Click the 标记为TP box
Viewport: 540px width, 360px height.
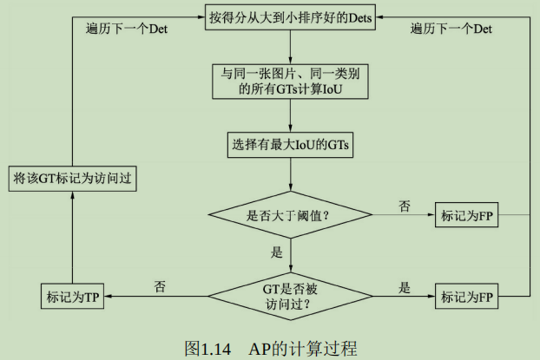pyautogui.click(x=72, y=297)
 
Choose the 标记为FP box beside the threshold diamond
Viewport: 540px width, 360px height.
pyautogui.click(x=469, y=214)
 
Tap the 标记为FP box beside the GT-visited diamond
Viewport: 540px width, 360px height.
pyautogui.click(x=469, y=297)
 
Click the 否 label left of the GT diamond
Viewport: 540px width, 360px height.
pyautogui.click(x=159, y=285)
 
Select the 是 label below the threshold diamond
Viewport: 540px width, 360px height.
pyautogui.click(x=277, y=252)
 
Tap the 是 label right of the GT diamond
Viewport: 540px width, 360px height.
pyautogui.click(x=404, y=286)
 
